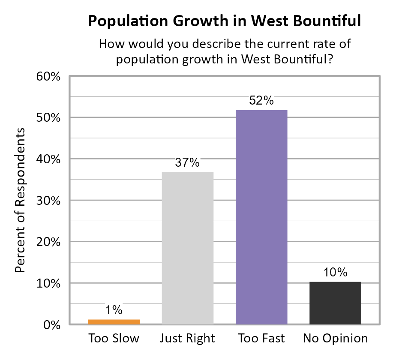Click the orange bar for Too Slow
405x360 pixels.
click(114, 322)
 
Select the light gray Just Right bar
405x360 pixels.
click(188, 248)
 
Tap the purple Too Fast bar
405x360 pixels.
click(261, 217)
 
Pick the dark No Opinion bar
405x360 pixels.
click(335, 303)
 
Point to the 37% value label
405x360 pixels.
click(188, 163)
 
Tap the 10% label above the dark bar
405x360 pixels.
click(335, 272)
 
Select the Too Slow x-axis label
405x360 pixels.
click(114, 339)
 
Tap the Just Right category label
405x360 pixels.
click(187, 339)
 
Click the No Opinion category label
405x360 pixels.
click(335, 339)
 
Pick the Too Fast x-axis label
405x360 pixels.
click(261, 339)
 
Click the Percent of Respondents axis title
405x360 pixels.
click(20, 200)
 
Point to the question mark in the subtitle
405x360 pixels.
click(331, 60)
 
